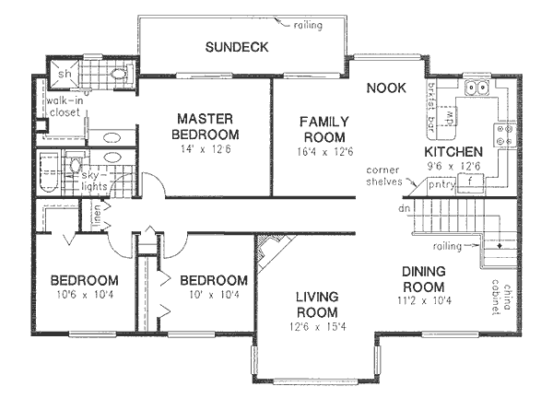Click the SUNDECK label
click(x=237, y=47)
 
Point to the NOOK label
click(x=387, y=88)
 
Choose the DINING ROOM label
click(x=424, y=279)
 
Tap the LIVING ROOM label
click(x=317, y=305)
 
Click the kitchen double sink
click(x=477, y=88)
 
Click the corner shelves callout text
click(x=380, y=176)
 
